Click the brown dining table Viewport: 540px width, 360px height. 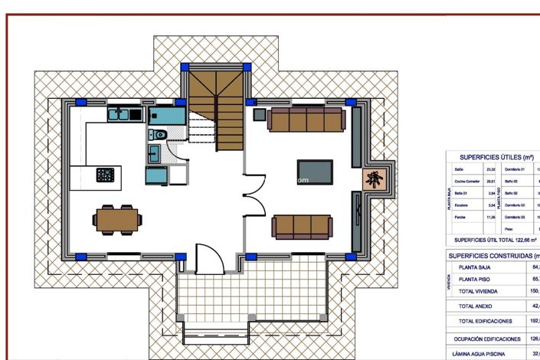pyautogui.click(x=118, y=220)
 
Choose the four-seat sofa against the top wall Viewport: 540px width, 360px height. pyautogui.click(x=306, y=119)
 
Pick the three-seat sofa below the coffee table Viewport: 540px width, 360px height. pyautogui.click(x=303, y=226)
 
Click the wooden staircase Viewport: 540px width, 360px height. pyautogui.click(x=216, y=108)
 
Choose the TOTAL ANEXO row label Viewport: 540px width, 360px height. pyautogui.click(x=476, y=306)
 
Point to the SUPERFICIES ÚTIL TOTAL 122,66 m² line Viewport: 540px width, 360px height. pyautogui.click(x=490, y=240)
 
